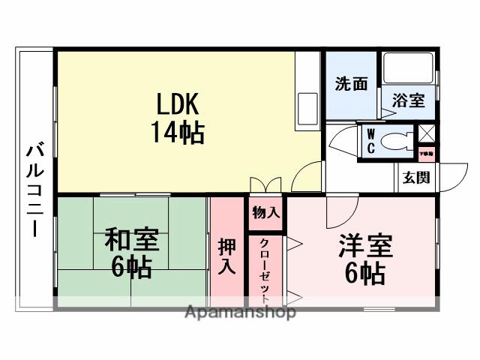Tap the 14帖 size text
[x=177, y=132]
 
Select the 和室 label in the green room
[x=131, y=240]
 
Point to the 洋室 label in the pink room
[x=365, y=245]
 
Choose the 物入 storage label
[x=265, y=212]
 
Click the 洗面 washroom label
[x=350, y=84]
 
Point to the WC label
[x=370, y=141]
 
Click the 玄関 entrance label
[x=415, y=178]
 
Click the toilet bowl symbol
[x=395, y=139]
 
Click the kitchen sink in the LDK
[x=307, y=103]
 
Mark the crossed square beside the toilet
[x=426, y=133]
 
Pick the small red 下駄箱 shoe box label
[x=425, y=153]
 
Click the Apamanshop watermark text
[x=240, y=312]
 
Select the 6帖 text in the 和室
[x=131, y=265]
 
